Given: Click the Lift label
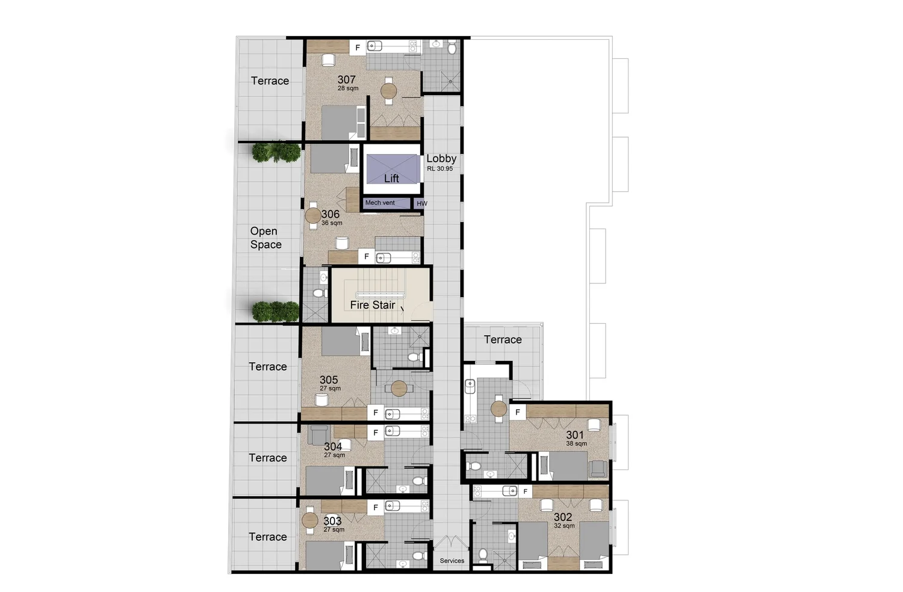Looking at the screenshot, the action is click(x=391, y=178).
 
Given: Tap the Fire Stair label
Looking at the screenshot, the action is click(x=373, y=305).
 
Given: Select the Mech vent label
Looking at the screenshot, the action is click(x=380, y=203).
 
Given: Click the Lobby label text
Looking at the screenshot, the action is click(x=441, y=159).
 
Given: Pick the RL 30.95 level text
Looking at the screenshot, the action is click(x=440, y=168).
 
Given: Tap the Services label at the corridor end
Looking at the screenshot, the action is click(x=452, y=561).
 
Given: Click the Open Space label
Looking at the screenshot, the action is click(x=265, y=238).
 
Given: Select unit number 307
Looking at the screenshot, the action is click(x=347, y=79).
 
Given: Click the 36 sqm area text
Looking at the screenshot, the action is click(x=332, y=223).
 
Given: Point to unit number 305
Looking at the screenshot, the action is click(x=329, y=380).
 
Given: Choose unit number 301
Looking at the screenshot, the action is click(x=575, y=435).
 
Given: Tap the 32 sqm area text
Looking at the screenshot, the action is click(x=565, y=526).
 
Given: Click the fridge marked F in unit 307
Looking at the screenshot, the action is click(x=358, y=48).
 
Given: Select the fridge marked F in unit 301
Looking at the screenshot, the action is click(x=518, y=412).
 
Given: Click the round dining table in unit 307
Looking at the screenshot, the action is click(x=389, y=91).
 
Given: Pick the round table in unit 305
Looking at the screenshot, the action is click(x=399, y=389).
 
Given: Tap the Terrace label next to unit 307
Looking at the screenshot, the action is click(x=270, y=81).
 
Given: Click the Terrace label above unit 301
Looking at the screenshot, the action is click(x=503, y=340).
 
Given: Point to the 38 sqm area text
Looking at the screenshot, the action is click(x=577, y=443).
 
